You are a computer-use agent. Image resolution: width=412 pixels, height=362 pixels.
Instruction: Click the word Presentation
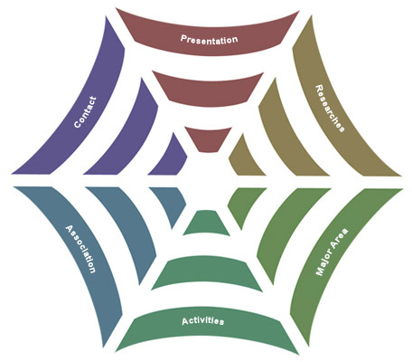pos(209,40)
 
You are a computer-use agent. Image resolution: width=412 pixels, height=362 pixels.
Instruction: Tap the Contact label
pos(85,112)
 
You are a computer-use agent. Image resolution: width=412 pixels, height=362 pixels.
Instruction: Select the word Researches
pos(330,109)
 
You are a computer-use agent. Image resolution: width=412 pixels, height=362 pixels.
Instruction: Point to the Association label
pos(80,249)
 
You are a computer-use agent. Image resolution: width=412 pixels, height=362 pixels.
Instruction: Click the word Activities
pos(203,321)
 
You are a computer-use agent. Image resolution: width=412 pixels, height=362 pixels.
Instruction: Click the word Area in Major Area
pos(341,236)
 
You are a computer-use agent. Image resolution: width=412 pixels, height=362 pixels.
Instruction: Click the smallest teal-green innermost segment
pos(207,224)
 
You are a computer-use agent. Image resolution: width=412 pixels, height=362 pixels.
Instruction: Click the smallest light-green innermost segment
pos(243,205)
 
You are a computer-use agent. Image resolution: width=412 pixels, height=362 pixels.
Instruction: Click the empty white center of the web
pos(207,181)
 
